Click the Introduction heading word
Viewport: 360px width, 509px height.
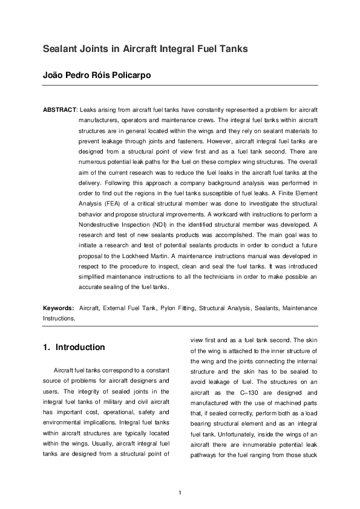80,348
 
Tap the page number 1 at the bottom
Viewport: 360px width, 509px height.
180,491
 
